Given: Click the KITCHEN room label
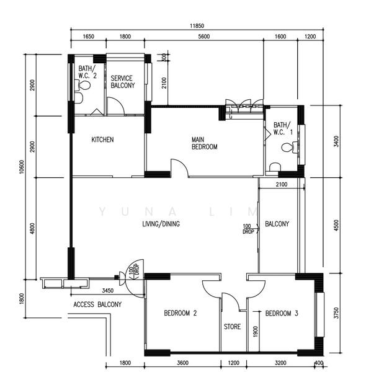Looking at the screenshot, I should click(x=102, y=139).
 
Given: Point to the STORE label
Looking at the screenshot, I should click(x=232, y=326).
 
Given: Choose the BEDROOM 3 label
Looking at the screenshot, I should click(x=282, y=314).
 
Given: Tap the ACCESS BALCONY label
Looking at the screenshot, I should click(x=97, y=304).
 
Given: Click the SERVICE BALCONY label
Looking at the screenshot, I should click(x=122, y=82).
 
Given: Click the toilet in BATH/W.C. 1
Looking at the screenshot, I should click(x=287, y=148).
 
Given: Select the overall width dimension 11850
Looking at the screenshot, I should click(x=199, y=26).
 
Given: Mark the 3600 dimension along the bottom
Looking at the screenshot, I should click(x=182, y=362).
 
